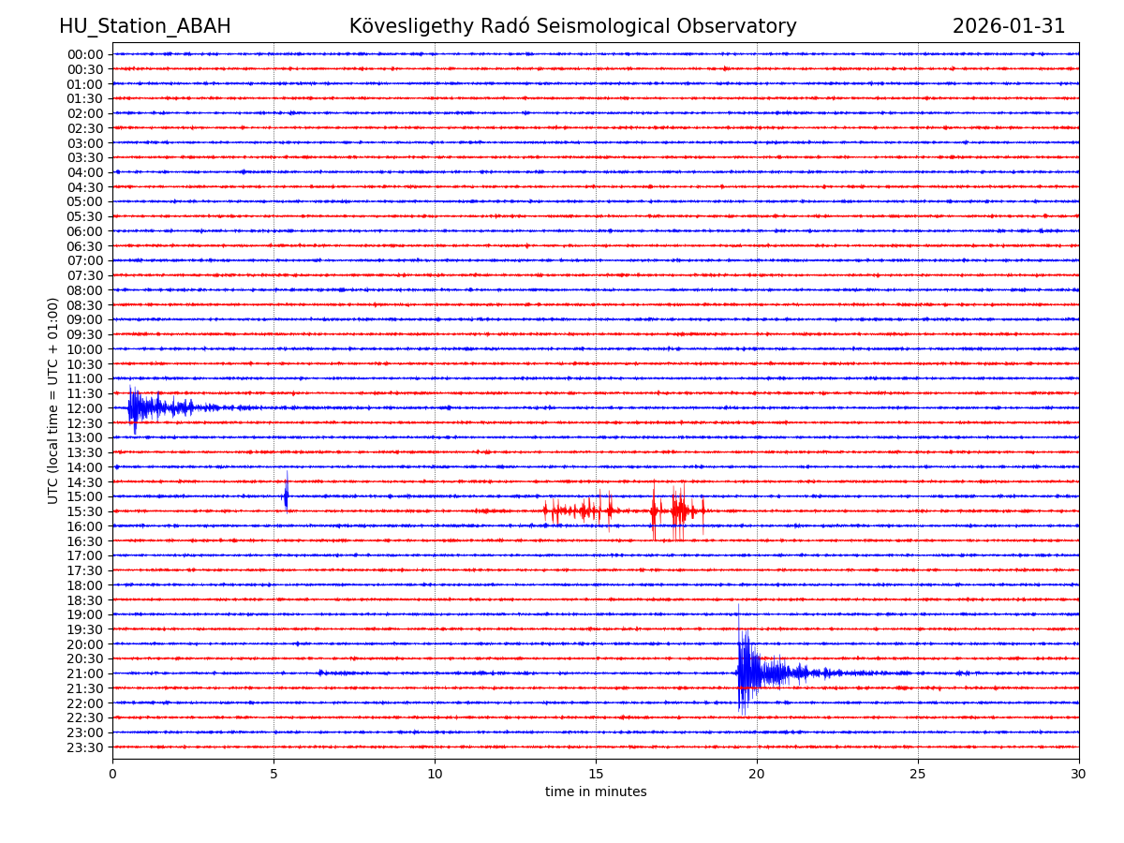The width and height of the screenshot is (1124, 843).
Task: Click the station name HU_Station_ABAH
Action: click(144, 26)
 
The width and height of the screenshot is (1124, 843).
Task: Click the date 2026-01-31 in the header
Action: click(1008, 26)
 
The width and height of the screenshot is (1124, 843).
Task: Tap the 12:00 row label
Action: click(84, 408)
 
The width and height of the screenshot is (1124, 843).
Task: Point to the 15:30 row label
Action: click(84, 511)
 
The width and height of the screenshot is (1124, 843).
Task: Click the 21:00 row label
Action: click(84, 673)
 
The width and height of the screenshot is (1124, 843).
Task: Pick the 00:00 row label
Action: click(84, 54)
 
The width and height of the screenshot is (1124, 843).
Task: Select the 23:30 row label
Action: click(84, 747)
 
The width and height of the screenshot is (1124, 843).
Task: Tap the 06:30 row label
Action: click(84, 245)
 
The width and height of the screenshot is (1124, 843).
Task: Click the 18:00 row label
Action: click(84, 585)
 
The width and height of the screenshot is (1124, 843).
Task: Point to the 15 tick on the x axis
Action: click(596, 775)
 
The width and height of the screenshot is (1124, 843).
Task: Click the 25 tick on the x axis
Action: click(918, 775)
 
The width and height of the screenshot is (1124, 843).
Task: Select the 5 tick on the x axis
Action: click(274, 775)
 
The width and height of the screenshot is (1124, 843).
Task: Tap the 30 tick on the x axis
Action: click(1079, 775)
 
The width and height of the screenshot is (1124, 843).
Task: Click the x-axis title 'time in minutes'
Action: click(596, 792)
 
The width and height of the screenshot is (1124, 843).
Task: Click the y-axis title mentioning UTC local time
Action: click(53, 400)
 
